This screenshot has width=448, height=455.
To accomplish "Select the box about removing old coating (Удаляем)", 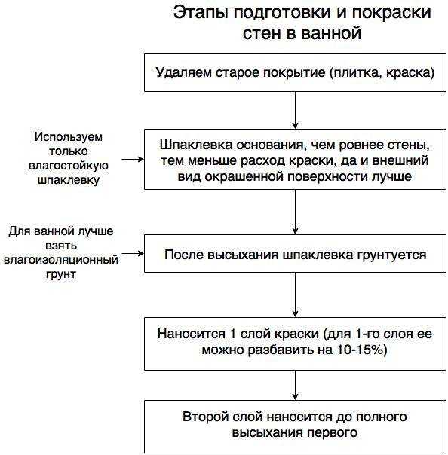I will [x=295, y=73].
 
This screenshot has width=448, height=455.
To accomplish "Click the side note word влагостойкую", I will [x=67, y=165].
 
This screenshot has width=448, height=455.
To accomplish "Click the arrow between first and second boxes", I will [x=295, y=111].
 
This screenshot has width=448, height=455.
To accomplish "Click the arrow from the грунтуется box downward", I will [x=295, y=295].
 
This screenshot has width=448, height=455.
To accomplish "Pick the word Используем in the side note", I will [x=67, y=137].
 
